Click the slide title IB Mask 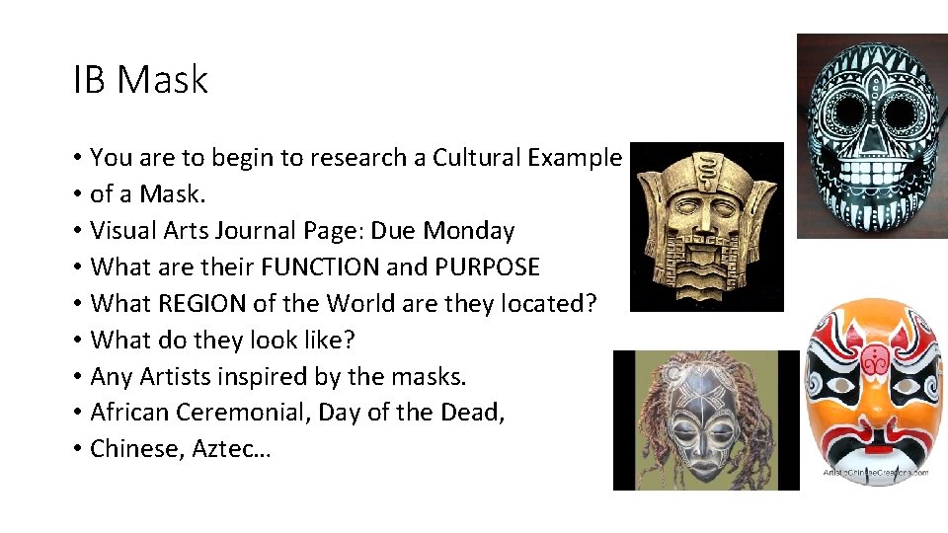(x=140, y=80)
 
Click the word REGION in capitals (x=214, y=304)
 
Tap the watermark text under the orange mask (x=875, y=473)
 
